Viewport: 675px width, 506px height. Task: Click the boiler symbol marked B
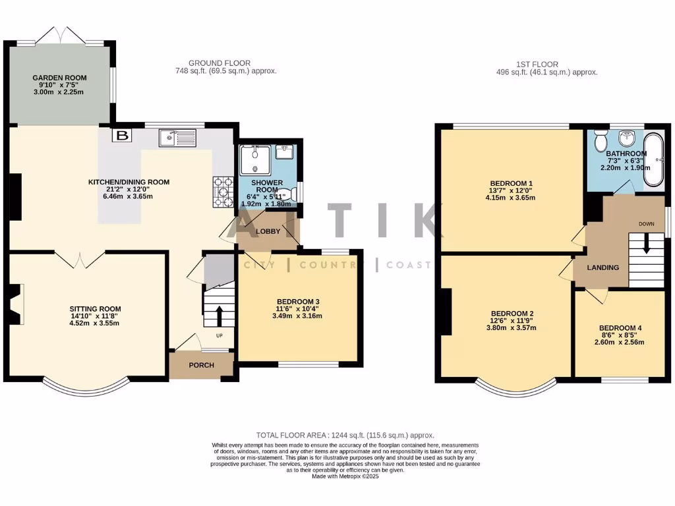pos(121,136)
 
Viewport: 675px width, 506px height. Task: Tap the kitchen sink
pos(177,138)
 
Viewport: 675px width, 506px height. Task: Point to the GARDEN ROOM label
pos(59,78)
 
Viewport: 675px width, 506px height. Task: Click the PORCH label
pos(201,366)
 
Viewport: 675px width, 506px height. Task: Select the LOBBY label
pos(268,231)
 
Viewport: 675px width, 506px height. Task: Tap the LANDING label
pos(603,267)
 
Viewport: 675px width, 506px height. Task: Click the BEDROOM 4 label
pos(620,328)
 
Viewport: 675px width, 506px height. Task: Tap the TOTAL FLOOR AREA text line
pos(345,436)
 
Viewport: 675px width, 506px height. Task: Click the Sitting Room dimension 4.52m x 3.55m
pos(96,323)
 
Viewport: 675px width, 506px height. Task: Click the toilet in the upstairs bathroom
pos(601,141)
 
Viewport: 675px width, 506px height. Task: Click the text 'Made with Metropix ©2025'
pos(345,476)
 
